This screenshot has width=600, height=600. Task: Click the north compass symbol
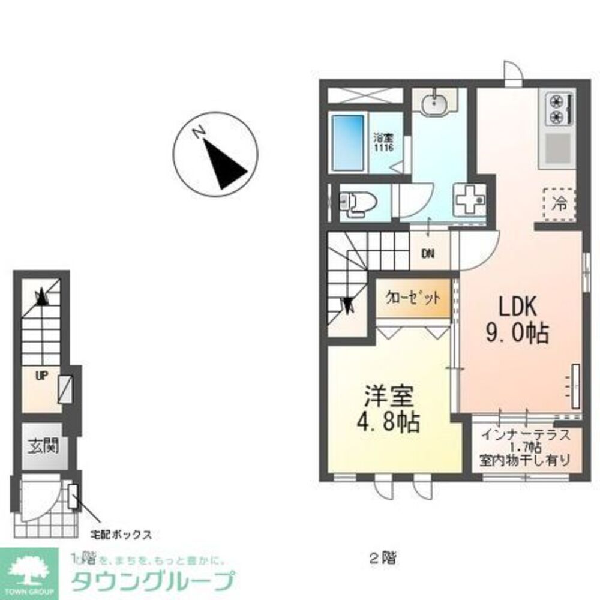click(215, 154)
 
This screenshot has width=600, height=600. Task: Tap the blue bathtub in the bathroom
click(349, 142)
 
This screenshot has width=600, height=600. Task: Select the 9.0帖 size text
click(519, 332)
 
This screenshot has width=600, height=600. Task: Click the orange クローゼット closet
click(413, 298)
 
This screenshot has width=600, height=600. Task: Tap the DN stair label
click(427, 254)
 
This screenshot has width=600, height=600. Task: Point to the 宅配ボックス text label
click(120, 533)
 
